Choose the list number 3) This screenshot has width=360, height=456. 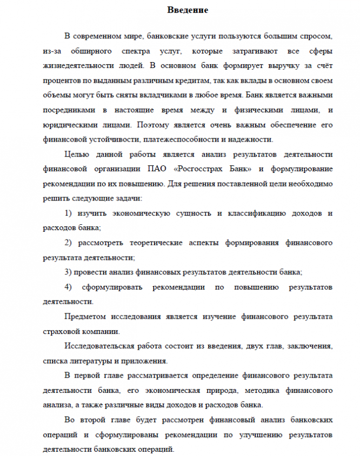coord(69,272)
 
